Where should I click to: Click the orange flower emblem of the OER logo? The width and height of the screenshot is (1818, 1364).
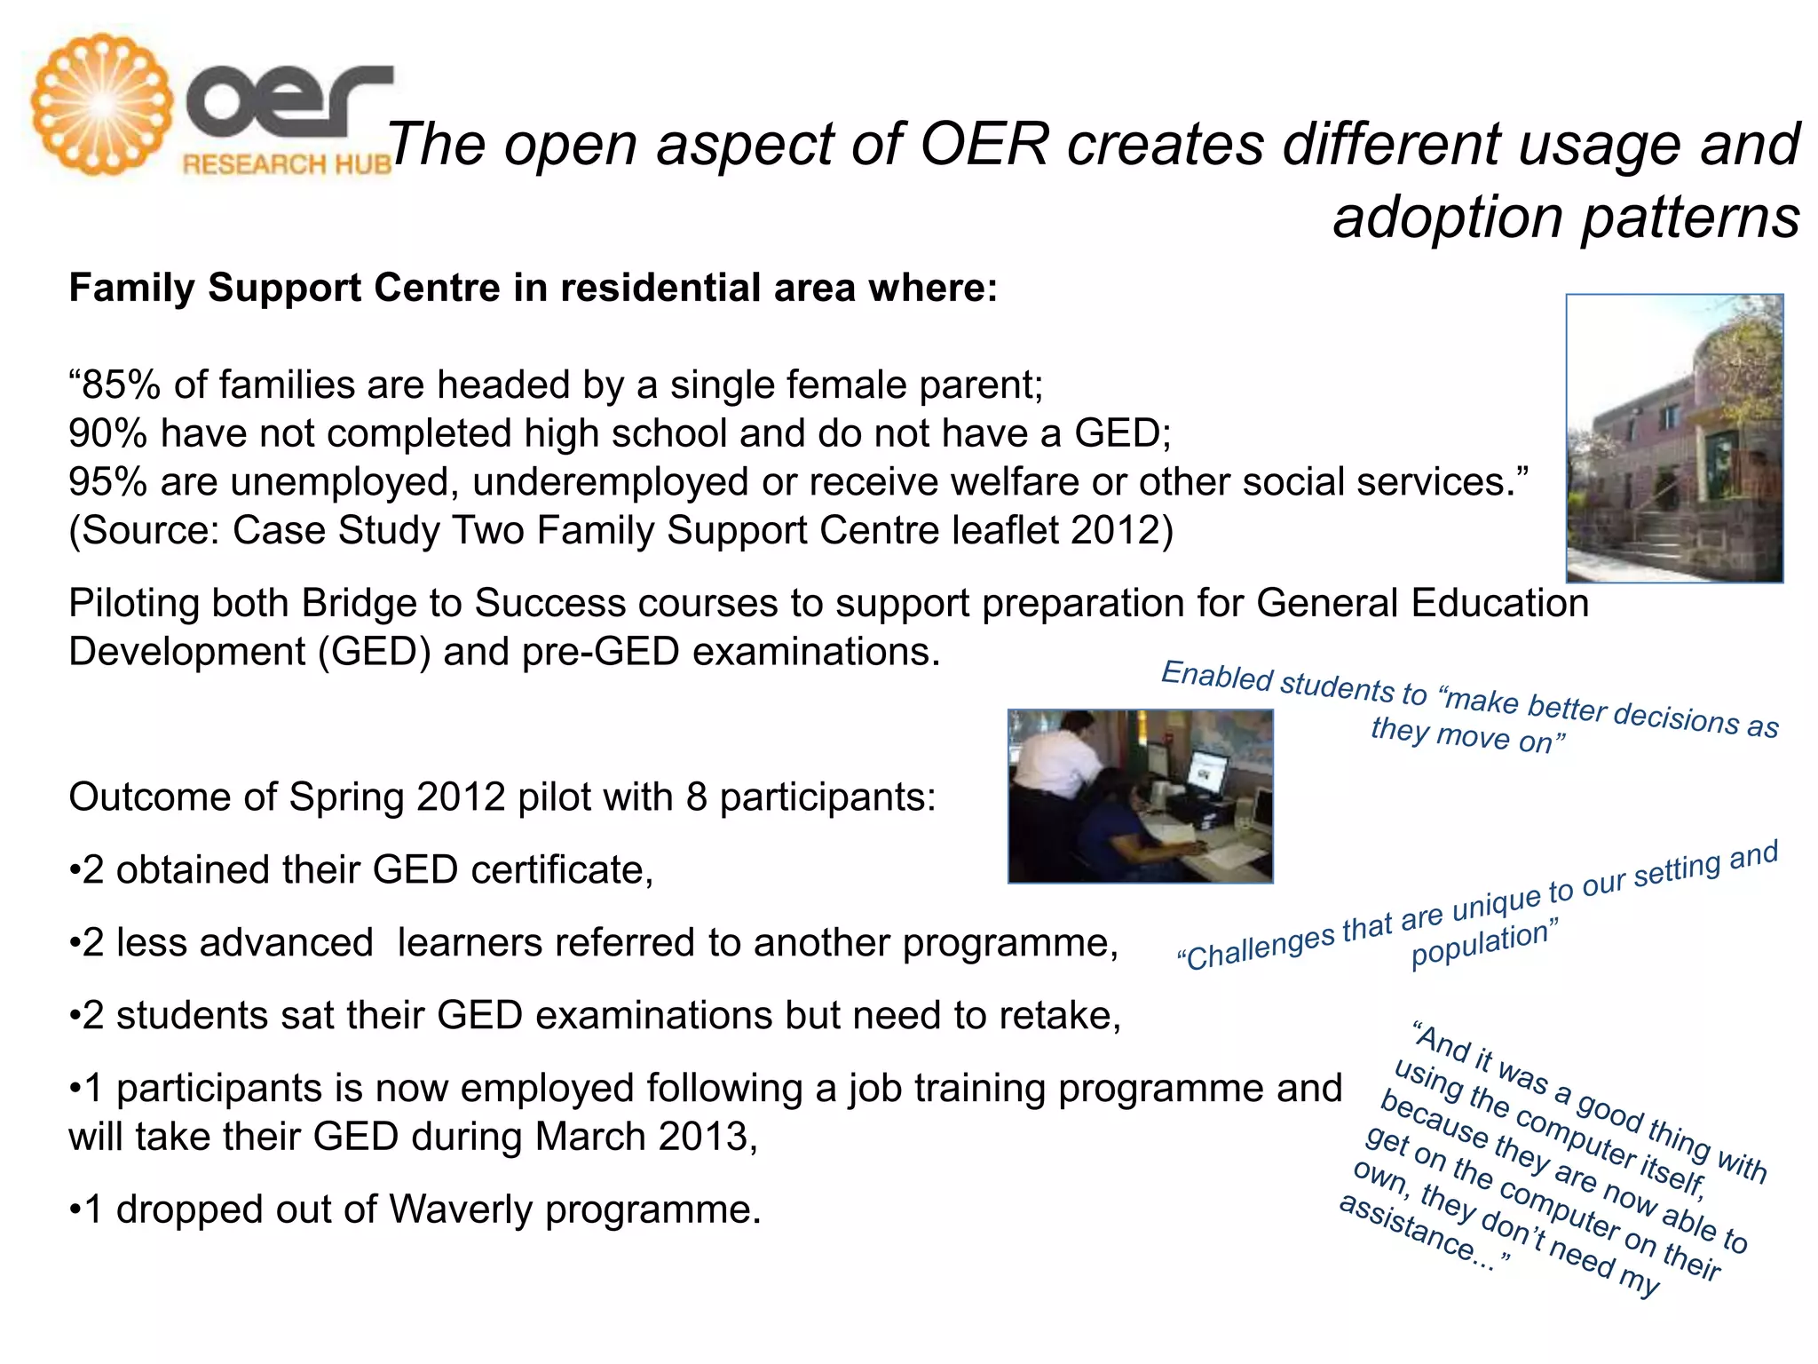pyautogui.click(x=101, y=104)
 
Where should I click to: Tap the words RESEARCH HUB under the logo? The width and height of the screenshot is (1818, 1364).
pyautogui.click(x=286, y=164)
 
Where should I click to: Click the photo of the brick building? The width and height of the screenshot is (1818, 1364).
pyautogui.click(x=1674, y=438)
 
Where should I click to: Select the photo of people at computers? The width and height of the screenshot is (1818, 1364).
pyautogui.click(x=1140, y=796)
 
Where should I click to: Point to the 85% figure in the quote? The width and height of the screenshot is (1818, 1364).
pyautogui.click(x=119, y=385)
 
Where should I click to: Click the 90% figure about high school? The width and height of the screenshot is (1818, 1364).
pyautogui.click(x=107, y=434)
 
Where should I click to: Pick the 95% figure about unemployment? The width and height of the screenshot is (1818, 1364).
pyautogui.click(x=107, y=482)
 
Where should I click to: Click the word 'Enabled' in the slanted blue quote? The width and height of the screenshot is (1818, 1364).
pyautogui.click(x=1217, y=677)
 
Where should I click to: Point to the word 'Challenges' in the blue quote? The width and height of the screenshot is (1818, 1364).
pyautogui.click(x=1256, y=948)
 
